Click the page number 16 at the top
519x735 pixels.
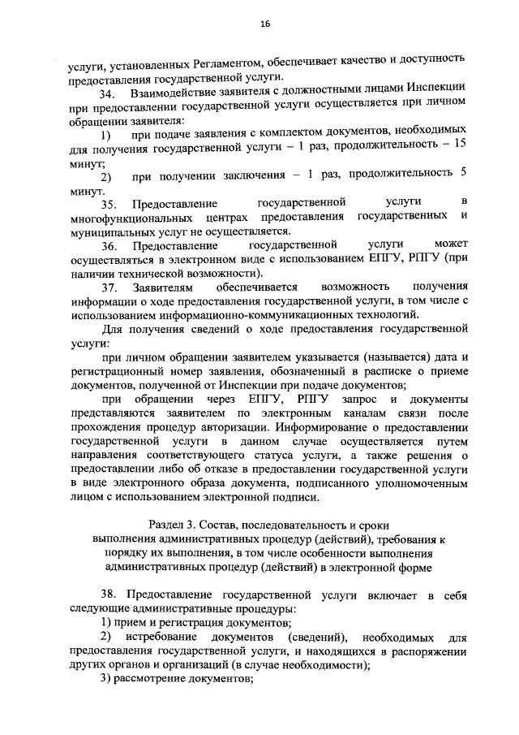coord(264,24)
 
